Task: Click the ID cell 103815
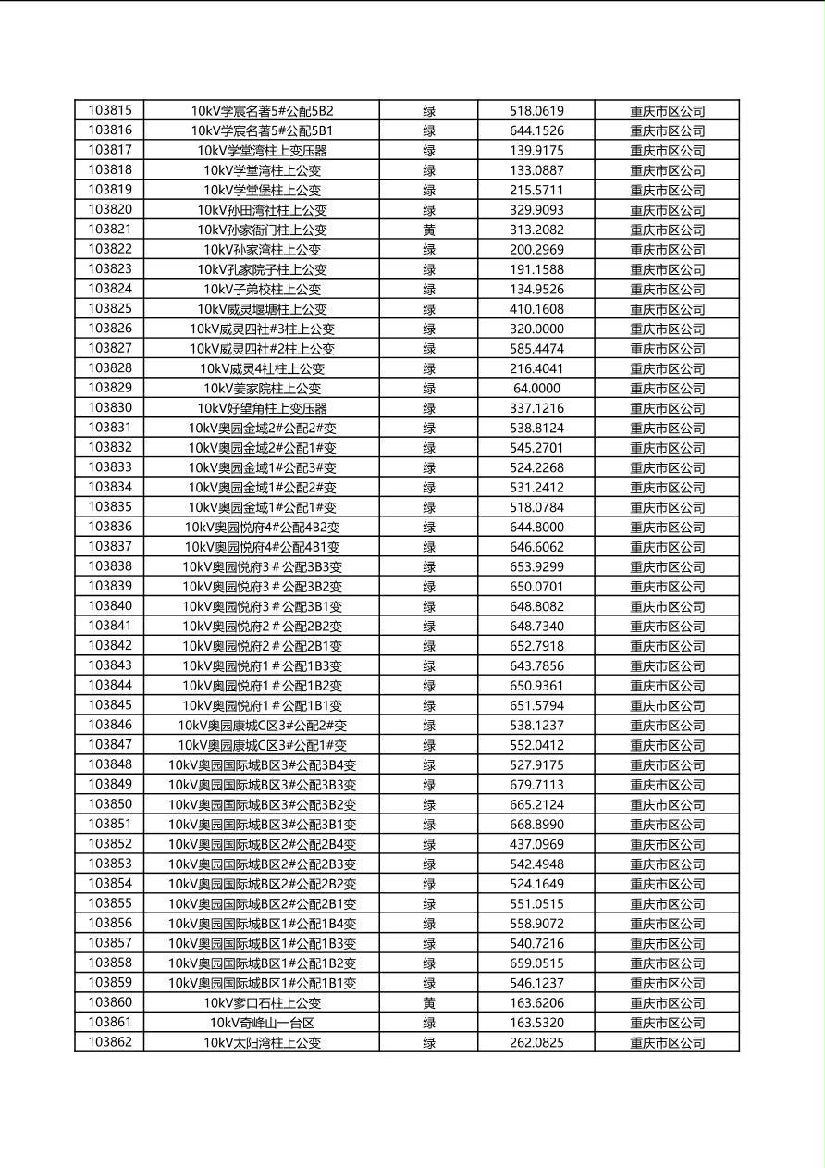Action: coord(110,110)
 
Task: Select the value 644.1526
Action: coord(536,130)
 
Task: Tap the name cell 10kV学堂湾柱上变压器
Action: coord(262,150)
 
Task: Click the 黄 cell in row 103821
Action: coord(429,230)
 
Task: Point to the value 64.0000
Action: coord(536,389)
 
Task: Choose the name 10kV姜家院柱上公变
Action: coord(262,389)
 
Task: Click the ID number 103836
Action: coord(110,527)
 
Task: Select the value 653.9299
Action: coord(536,566)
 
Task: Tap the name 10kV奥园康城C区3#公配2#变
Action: coord(262,726)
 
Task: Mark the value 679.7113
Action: coord(536,785)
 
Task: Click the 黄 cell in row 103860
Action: coord(429,1003)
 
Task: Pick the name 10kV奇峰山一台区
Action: coord(262,1023)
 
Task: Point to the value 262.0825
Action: coord(536,1043)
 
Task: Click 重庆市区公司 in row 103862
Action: coord(668,1043)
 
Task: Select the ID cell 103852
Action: coord(110,844)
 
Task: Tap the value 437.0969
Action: coord(536,844)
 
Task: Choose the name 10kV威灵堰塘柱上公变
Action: coord(262,309)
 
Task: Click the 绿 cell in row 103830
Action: coord(429,408)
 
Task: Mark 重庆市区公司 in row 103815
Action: coord(668,110)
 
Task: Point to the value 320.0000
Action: coord(536,329)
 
